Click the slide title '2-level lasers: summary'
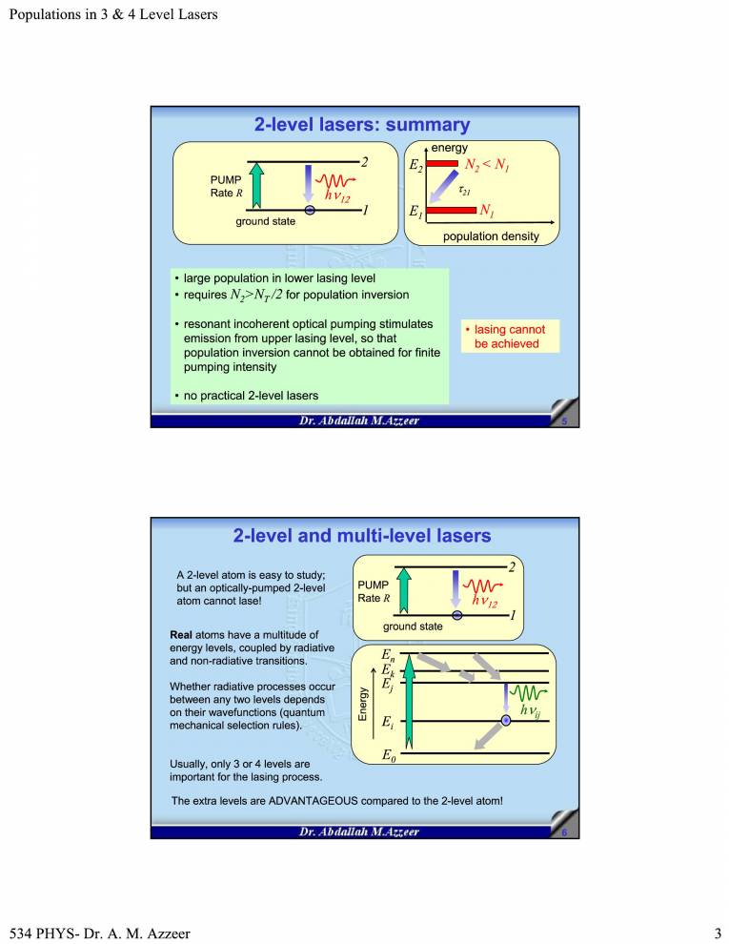(x=361, y=125)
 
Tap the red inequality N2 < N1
(x=488, y=165)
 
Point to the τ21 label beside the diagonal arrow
(x=466, y=190)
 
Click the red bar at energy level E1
(x=450, y=210)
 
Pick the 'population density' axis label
(x=491, y=236)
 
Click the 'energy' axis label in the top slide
(x=450, y=148)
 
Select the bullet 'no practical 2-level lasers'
(x=251, y=395)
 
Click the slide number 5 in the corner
(x=564, y=422)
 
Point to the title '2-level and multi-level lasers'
(x=362, y=536)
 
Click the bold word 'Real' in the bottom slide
(x=180, y=634)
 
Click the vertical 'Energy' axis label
(x=362, y=703)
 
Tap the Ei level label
(x=386, y=722)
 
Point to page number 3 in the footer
(x=718, y=933)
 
